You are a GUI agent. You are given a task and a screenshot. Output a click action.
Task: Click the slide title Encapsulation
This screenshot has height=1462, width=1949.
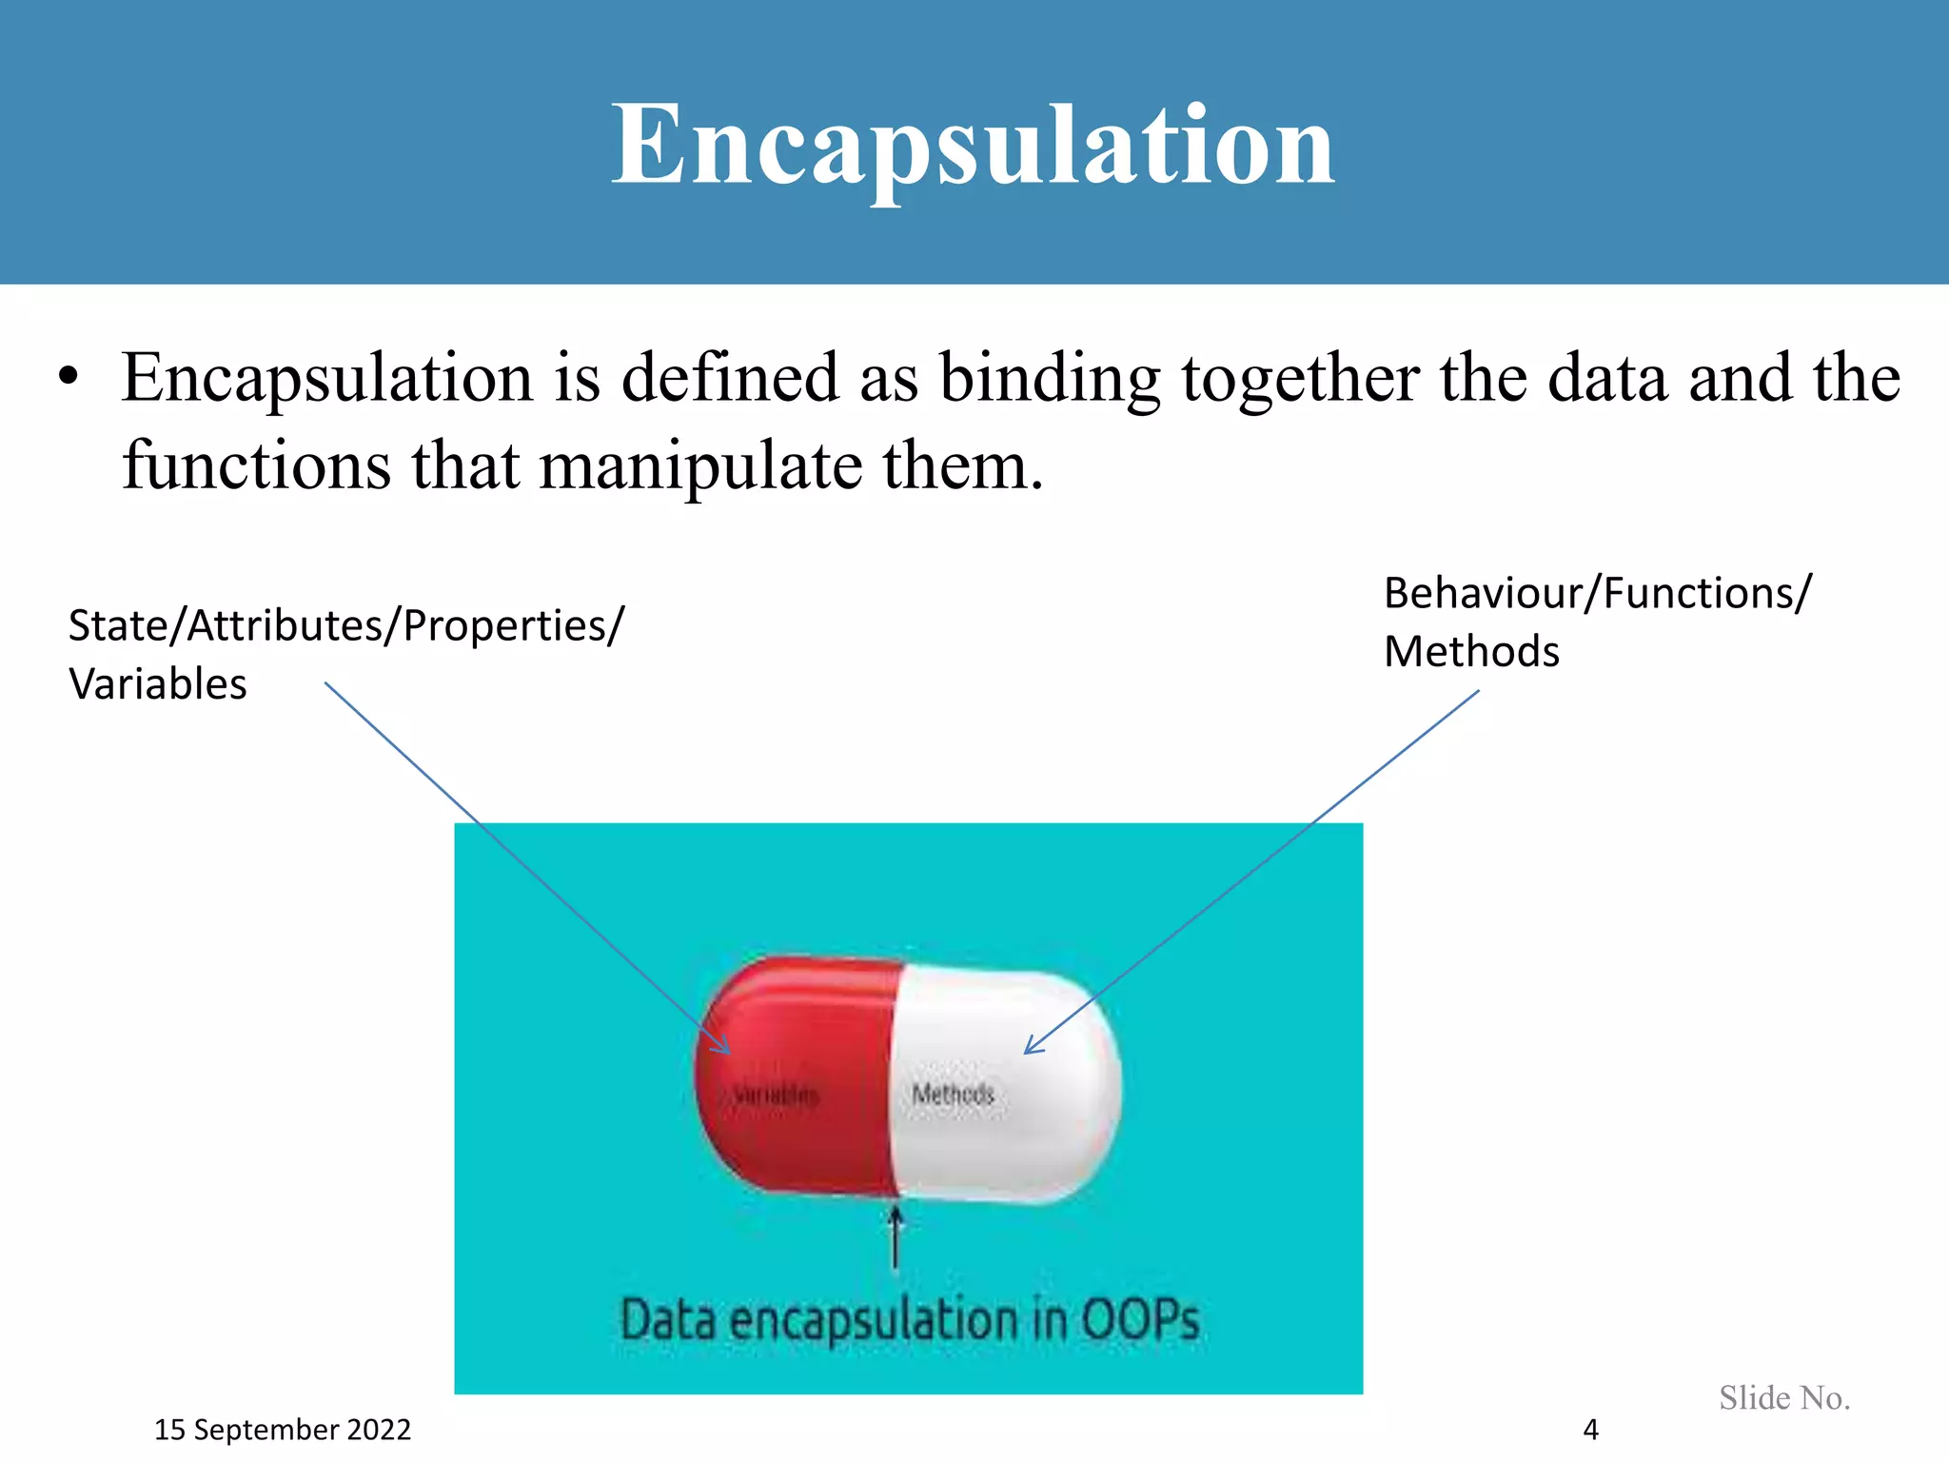click(973, 145)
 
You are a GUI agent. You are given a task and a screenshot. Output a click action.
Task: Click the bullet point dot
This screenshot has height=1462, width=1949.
click(68, 377)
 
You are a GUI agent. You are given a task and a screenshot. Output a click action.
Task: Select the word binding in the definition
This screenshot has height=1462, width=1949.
click(1050, 379)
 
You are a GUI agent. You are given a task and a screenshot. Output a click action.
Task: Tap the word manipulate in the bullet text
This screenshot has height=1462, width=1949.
click(700, 466)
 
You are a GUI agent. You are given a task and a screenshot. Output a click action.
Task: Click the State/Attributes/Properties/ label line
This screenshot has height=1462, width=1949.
click(345, 625)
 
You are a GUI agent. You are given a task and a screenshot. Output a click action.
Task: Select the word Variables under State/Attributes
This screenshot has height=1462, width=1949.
click(158, 684)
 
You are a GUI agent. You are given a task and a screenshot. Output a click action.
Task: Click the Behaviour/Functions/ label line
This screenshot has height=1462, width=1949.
click(1597, 593)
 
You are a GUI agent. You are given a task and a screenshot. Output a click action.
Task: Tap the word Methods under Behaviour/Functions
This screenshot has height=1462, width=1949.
click(1471, 652)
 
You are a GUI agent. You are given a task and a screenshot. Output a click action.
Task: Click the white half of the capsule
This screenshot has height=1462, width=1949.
click(1009, 1142)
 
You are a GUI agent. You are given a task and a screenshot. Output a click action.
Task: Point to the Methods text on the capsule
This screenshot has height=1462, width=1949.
click(953, 1095)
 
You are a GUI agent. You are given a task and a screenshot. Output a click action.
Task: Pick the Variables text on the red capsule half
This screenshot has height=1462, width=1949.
click(776, 1096)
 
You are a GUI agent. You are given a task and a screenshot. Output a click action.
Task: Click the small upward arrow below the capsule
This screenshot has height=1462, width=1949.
click(895, 1237)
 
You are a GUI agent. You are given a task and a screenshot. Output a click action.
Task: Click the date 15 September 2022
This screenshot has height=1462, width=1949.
click(283, 1430)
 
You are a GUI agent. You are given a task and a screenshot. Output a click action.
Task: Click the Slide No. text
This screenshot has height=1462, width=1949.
click(1784, 1397)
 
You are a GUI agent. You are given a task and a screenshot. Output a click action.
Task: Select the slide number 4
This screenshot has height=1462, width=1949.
click(1590, 1430)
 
